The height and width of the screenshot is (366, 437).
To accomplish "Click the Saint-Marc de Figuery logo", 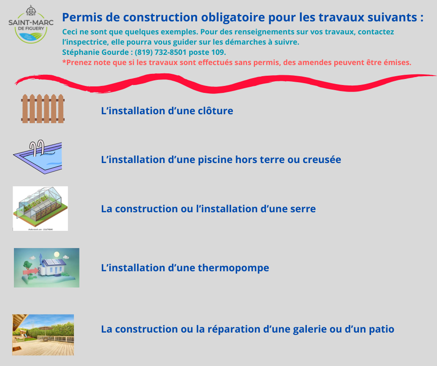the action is click(31, 24).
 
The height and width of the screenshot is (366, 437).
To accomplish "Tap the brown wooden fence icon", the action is click(43, 109).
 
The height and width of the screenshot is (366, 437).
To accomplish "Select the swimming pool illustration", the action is click(38, 157).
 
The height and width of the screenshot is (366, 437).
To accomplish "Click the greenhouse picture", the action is click(40, 209).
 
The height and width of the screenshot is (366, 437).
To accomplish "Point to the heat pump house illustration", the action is click(46, 268).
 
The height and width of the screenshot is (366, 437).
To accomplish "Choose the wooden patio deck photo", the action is click(43, 335).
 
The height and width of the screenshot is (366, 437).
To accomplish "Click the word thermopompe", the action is click(233, 268).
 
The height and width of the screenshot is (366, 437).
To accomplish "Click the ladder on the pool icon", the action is click(37, 147).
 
